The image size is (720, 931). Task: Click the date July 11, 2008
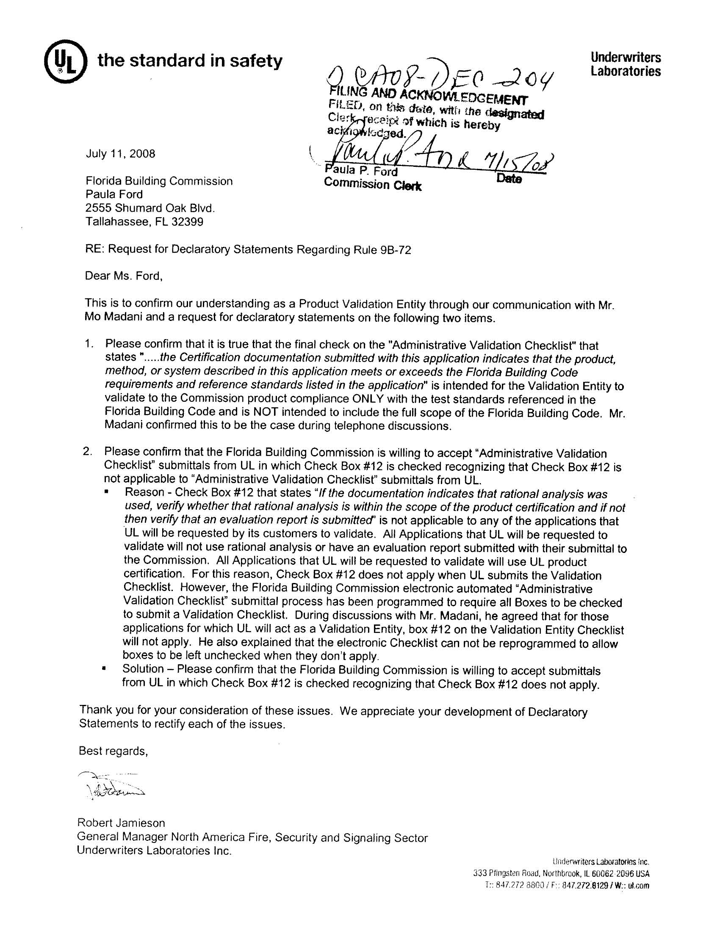click(120, 153)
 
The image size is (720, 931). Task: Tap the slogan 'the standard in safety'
click(190, 61)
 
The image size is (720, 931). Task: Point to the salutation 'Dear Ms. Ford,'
click(124, 276)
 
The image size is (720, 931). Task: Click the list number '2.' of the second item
click(87, 452)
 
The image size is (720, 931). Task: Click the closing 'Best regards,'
click(113, 751)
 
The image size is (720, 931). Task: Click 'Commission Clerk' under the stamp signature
click(372, 185)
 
